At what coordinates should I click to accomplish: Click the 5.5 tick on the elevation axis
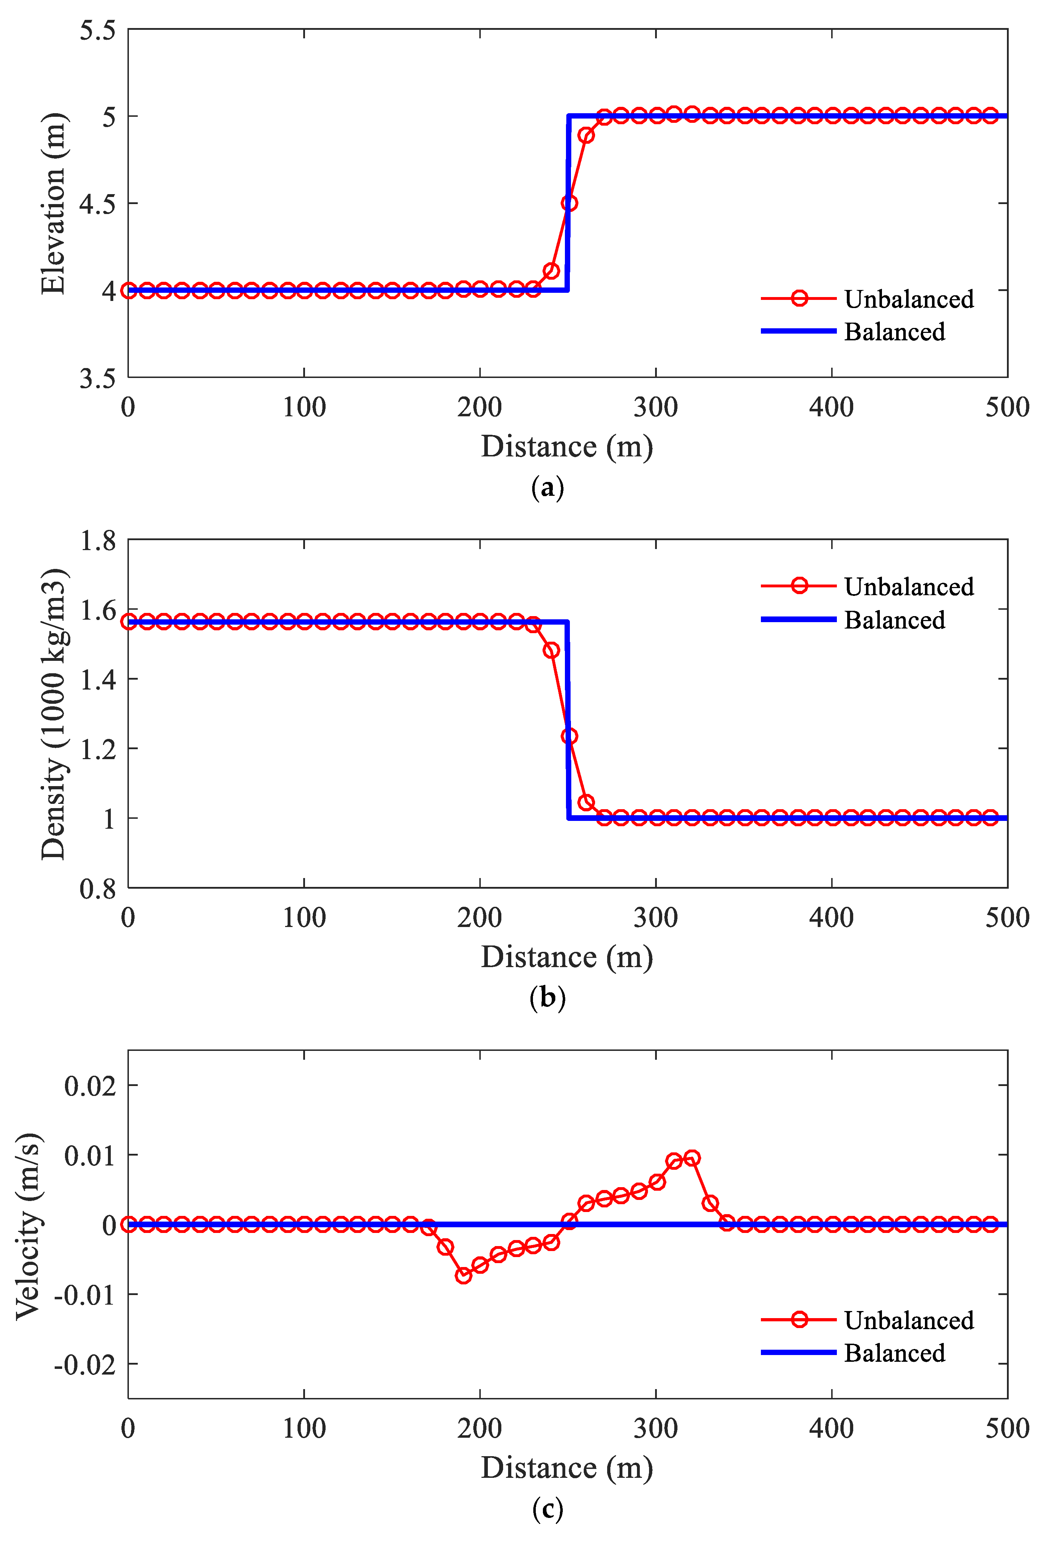point(98,31)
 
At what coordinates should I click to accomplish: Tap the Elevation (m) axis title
point(53,203)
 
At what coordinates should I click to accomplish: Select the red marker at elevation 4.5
point(568,203)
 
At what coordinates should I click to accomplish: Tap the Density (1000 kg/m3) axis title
point(53,714)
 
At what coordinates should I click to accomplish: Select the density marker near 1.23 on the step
point(568,736)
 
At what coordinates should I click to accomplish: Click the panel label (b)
point(547,998)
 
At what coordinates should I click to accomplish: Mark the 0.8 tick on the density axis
point(98,889)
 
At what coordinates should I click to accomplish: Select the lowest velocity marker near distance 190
point(463,1275)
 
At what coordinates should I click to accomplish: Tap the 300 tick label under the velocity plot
point(655,1428)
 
